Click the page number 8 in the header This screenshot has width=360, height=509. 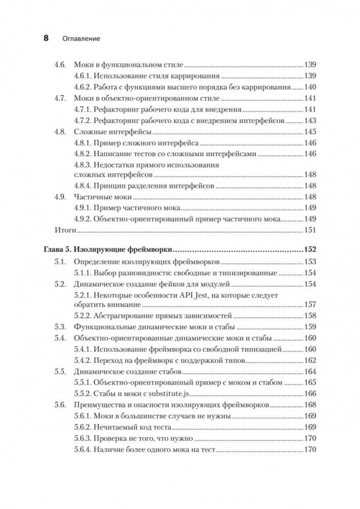pos(46,38)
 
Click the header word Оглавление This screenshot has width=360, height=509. pos(80,38)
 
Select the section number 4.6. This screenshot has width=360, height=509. pos(61,65)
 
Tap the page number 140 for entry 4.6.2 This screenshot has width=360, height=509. pos(310,86)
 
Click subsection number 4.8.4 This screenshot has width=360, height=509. pos(83,186)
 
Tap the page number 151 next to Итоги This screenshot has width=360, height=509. pos(310,230)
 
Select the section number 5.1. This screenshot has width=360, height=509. pos(61,262)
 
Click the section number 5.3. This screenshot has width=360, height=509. pos(61,327)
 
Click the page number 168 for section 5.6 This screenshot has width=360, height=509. pos(310,405)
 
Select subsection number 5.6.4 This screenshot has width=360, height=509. pos(83,450)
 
